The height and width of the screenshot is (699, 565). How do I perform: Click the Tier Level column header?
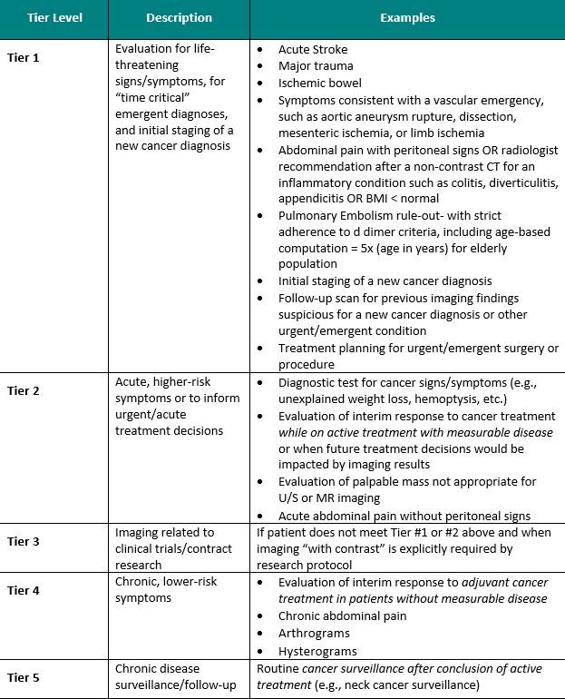54,17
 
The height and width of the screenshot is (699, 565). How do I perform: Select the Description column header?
179,17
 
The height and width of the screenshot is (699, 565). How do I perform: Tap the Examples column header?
407,17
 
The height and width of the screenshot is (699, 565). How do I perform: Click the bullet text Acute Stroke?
313,50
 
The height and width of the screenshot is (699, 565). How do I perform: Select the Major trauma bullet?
316,66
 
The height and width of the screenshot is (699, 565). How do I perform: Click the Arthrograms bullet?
314,633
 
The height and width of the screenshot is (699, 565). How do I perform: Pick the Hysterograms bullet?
317,650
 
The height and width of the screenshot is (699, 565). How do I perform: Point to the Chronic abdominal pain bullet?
342,615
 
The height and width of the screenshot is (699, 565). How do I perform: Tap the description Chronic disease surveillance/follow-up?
175,677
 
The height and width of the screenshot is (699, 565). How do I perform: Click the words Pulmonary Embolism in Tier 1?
334,215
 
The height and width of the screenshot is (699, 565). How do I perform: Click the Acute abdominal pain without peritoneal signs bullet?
403,516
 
